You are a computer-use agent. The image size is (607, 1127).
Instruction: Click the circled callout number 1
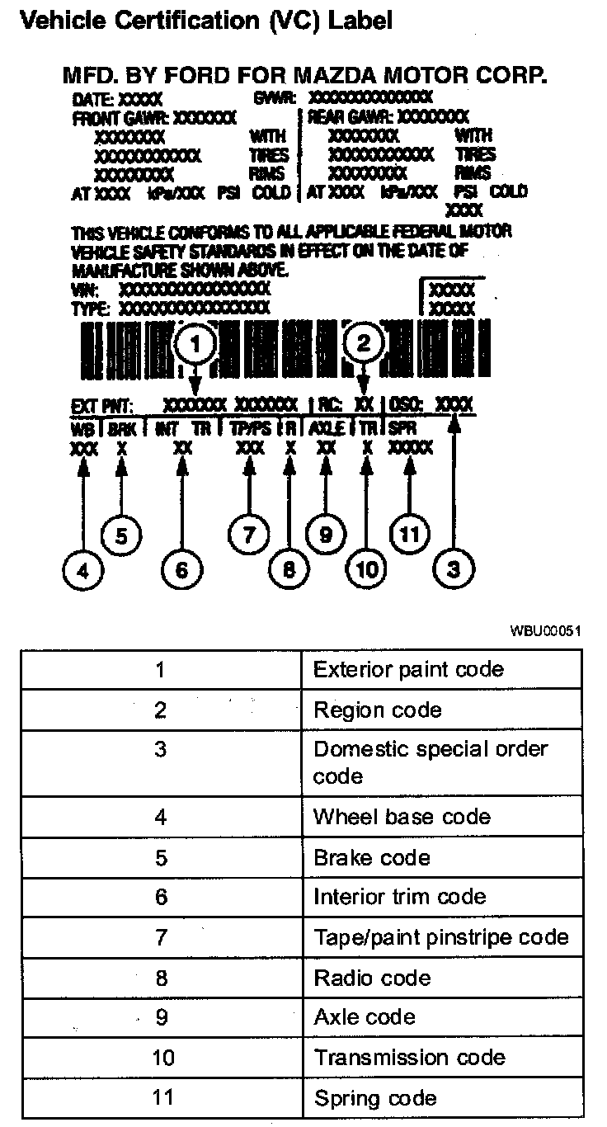[195, 345]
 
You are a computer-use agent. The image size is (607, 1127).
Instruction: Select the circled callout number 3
[453, 568]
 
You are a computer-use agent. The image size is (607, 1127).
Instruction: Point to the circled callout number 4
[83, 568]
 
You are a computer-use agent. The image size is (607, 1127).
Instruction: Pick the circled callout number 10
[366, 568]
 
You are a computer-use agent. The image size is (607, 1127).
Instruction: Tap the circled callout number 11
[409, 534]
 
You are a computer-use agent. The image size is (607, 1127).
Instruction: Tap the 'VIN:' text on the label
[86, 290]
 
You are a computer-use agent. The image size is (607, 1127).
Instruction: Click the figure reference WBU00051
[545, 631]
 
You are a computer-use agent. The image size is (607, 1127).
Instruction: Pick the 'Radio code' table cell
[372, 978]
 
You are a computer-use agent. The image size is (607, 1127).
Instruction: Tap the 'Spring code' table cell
[374, 1098]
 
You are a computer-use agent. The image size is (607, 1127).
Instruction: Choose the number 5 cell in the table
[162, 858]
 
